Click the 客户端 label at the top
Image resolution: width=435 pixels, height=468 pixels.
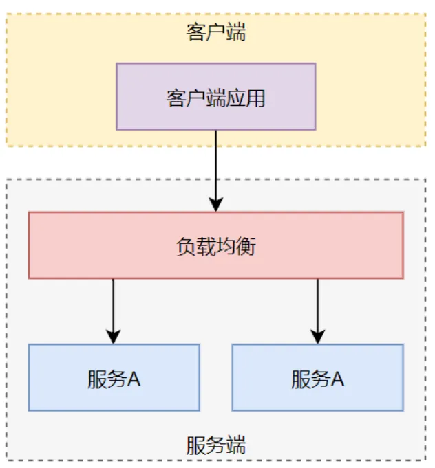(215, 32)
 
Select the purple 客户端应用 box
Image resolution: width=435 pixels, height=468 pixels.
(215, 96)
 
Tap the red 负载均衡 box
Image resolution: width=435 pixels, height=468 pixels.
(215, 245)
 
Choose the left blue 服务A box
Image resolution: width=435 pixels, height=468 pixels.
(114, 378)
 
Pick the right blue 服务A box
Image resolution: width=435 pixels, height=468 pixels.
(317, 378)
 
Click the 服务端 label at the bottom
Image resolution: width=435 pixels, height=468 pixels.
(215, 445)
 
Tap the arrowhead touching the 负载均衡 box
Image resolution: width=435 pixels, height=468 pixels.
(216, 204)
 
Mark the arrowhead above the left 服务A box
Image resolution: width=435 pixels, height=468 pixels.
(114, 336)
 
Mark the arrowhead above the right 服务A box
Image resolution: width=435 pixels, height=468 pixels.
(317, 336)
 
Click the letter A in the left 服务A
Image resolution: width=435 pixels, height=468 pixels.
(133, 379)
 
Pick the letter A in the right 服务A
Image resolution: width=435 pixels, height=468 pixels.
(337, 379)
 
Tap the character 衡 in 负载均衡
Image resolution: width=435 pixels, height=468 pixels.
(246, 246)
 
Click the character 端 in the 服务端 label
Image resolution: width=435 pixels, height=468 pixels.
(235, 445)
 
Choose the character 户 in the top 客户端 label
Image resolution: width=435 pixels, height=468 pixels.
(215, 32)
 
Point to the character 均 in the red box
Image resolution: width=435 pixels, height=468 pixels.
(226, 246)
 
